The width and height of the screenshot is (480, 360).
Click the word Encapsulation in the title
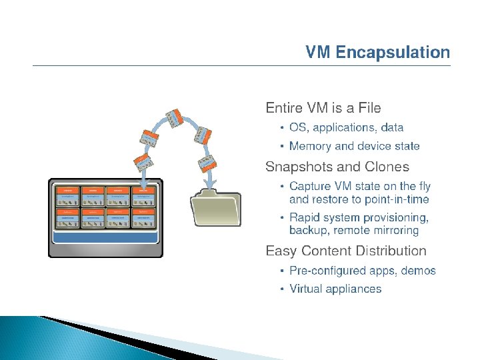(x=393, y=53)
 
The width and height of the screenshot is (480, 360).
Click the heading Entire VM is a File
(x=323, y=107)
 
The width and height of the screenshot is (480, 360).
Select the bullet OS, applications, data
(x=346, y=127)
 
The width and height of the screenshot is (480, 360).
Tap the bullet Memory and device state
(x=354, y=146)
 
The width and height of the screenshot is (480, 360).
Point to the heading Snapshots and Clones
(x=337, y=167)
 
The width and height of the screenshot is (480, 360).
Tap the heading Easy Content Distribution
(x=346, y=251)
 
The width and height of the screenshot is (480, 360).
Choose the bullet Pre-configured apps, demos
(x=362, y=271)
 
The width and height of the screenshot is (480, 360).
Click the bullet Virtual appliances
(x=335, y=289)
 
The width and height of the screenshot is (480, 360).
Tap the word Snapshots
(x=296, y=167)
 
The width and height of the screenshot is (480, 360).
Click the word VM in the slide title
(x=319, y=53)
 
